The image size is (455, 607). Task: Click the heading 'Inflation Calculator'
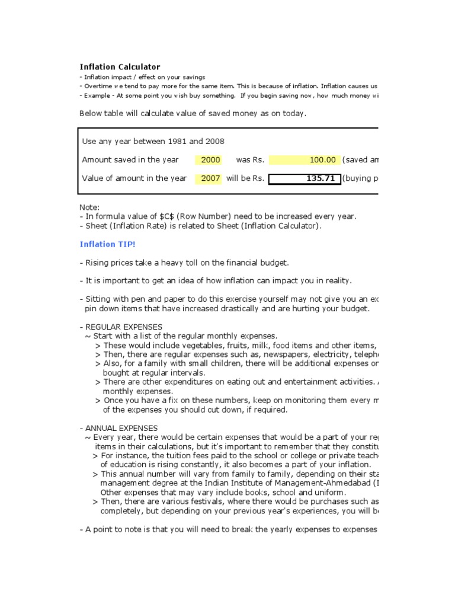click(x=120, y=67)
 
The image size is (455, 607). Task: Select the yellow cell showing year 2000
click(x=210, y=159)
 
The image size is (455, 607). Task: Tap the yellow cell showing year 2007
click(x=210, y=178)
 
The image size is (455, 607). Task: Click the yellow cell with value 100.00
click(x=305, y=159)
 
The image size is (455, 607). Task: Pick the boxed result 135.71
click(x=305, y=178)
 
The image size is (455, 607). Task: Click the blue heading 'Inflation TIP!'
click(x=107, y=244)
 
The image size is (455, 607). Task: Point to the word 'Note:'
click(x=90, y=207)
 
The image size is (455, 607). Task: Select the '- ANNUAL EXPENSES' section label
click(x=118, y=427)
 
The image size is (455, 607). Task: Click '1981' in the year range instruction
click(x=177, y=141)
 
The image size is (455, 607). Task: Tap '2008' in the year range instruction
click(x=214, y=141)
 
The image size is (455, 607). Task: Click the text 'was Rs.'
click(x=249, y=159)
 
